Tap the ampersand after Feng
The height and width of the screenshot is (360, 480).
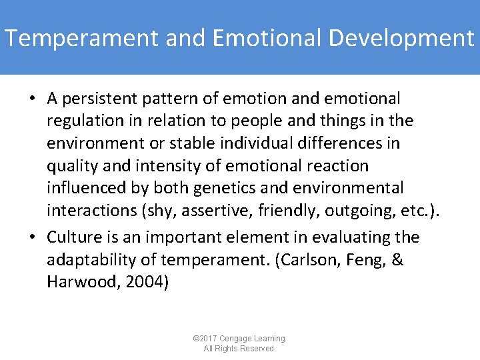[x=398, y=259]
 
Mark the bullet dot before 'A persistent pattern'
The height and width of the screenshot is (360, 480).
[x=33, y=99]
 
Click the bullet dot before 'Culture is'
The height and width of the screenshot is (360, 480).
[x=33, y=238]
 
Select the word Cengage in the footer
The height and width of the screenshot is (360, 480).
[x=235, y=339]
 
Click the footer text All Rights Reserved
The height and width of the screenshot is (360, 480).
[x=240, y=349]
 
